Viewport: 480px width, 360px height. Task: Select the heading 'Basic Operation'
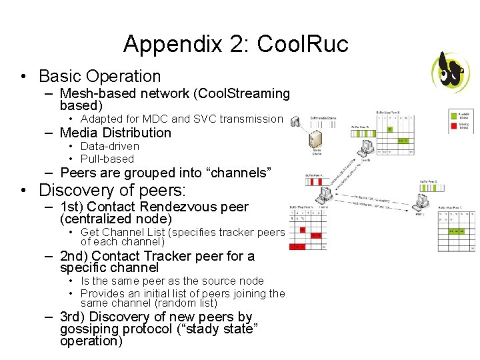[99, 76]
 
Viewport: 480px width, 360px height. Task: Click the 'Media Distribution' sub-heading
[115, 133]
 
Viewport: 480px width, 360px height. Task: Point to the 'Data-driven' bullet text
[109, 146]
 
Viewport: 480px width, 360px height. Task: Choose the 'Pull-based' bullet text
[107, 159]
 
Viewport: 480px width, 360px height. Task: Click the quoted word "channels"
[241, 173]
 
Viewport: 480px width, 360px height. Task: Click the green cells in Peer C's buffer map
[457, 231]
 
